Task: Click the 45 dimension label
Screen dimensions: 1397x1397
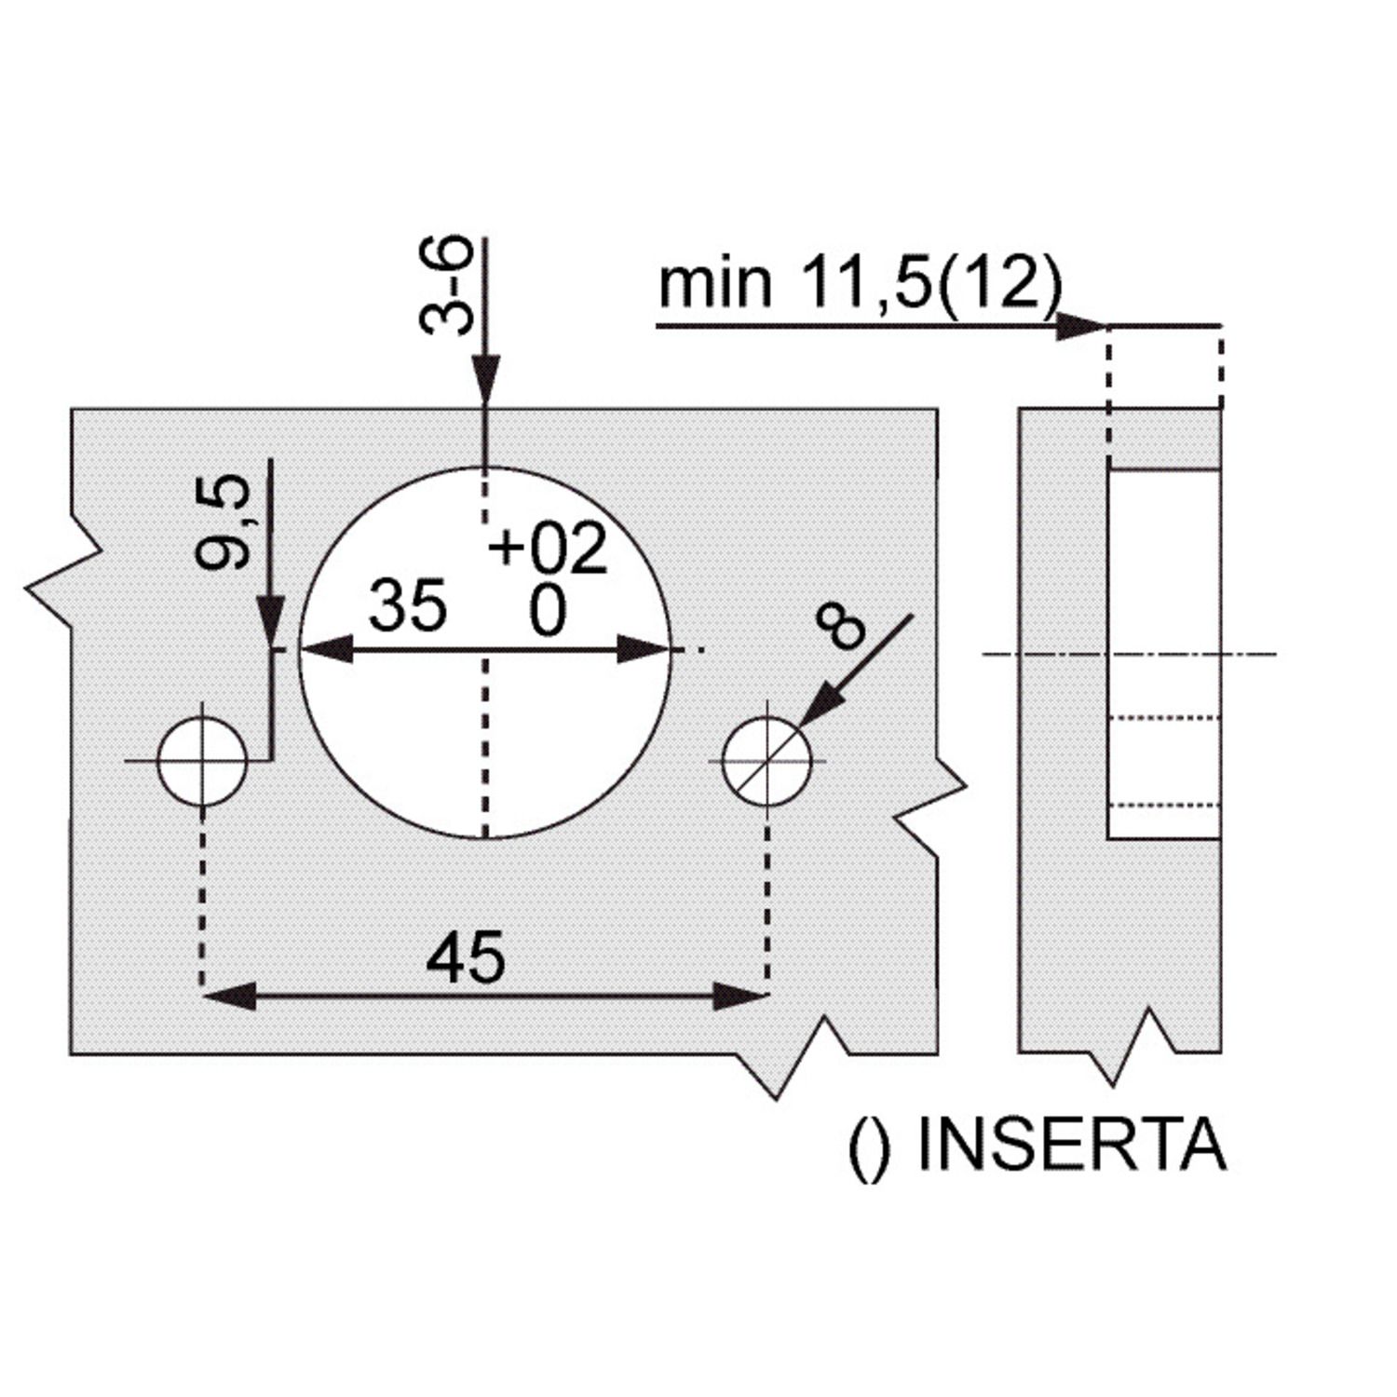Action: pyautogui.click(x=466, y=956)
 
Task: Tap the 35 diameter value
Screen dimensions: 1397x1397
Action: pyautogui.click(x=408, y=606)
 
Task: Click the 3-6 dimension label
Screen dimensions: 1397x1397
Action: pyautogui.click(x=446, y=285)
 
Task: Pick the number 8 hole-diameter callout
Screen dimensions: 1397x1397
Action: pyautogui.click(x=839, y=625)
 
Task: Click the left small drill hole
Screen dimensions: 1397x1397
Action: pyautogui.click(x=202, y=761)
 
